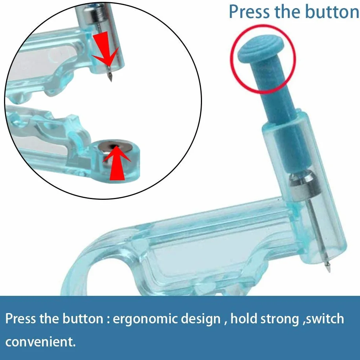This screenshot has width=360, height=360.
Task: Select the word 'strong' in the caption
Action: (278, 319)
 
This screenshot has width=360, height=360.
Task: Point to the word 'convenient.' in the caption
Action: (40, 342)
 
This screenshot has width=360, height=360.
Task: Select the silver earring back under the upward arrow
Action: (115, 150)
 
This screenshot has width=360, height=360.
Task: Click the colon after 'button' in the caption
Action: (108, 320)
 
